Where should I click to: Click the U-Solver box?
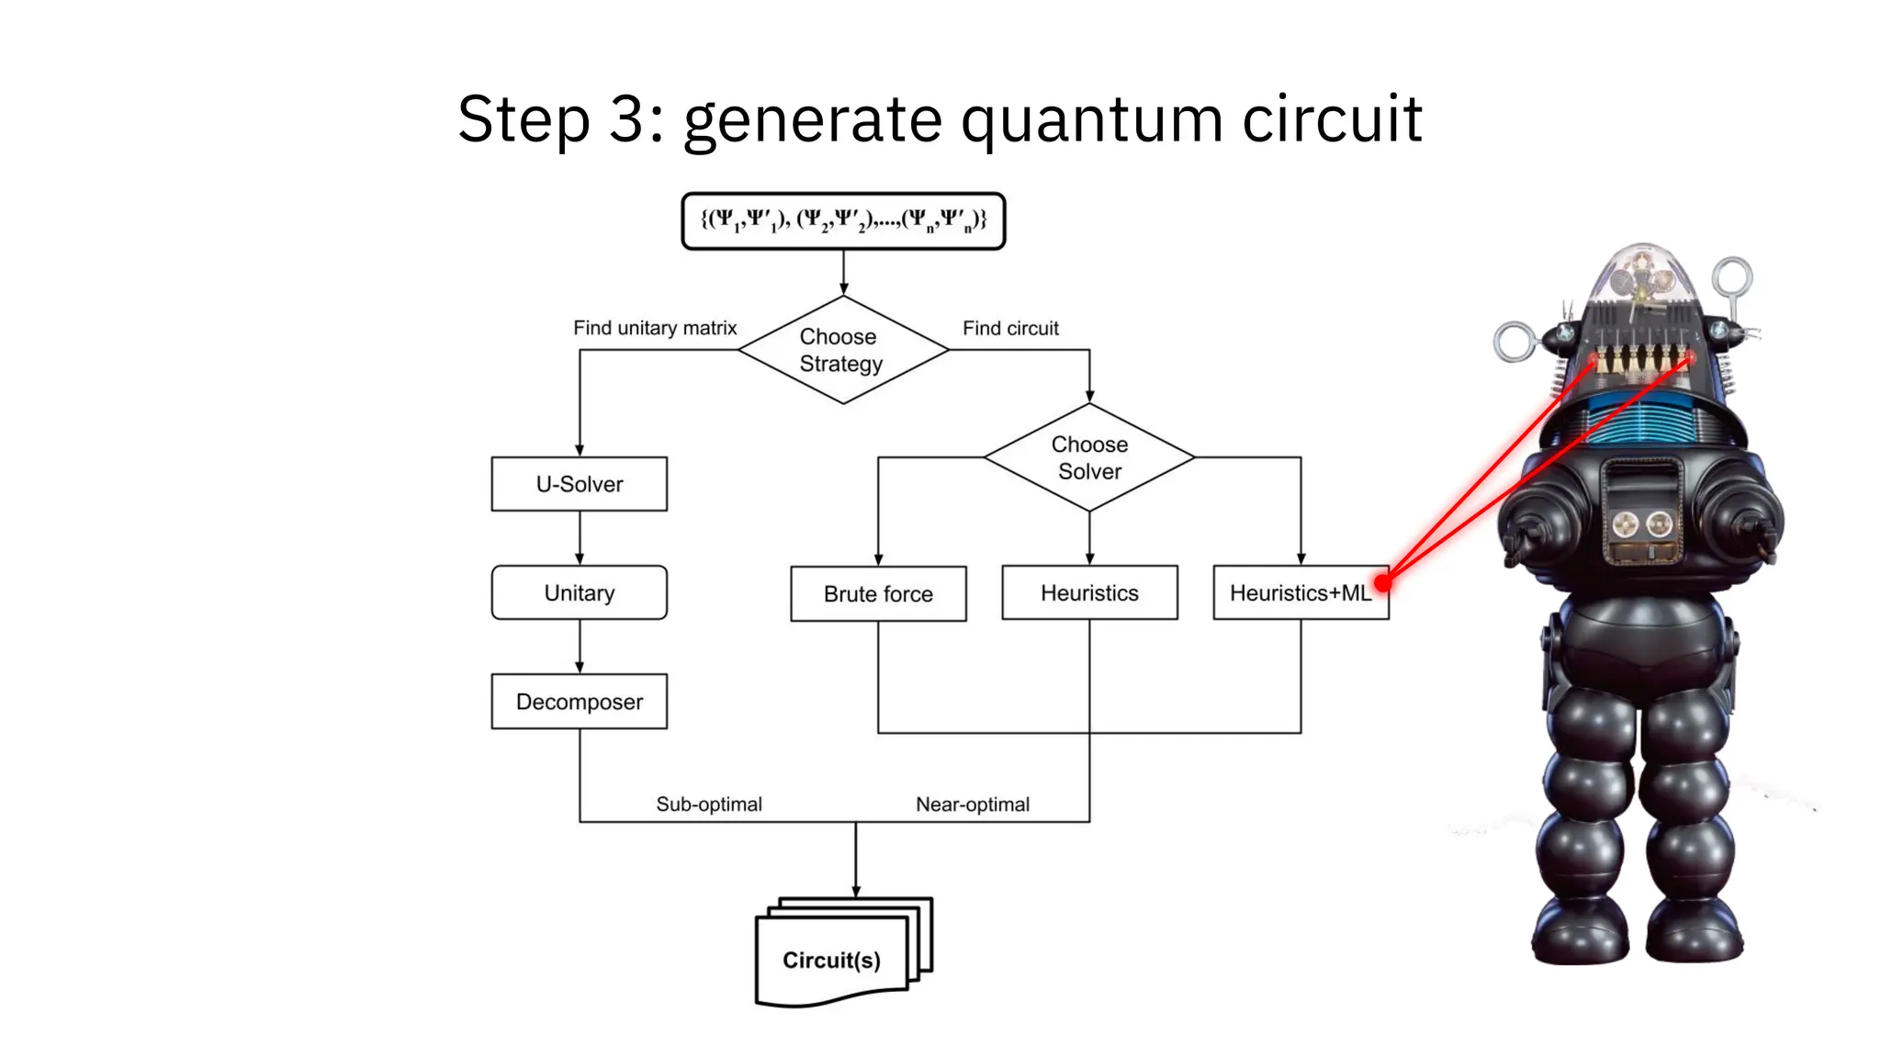coord(579,484)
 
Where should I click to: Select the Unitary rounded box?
coord(579,592)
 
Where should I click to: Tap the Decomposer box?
coord(579,702)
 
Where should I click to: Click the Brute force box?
coord(878,594)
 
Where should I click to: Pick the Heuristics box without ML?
coord(1089,593)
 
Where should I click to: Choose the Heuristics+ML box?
coord(1299,593)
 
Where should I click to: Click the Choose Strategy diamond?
coord(842,350)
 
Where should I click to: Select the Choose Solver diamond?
coord(1089,457)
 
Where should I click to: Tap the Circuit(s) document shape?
coord(831,959)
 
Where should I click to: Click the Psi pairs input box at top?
coord(843,220)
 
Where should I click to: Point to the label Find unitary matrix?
coord(655,328)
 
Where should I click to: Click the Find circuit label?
coord(1010,328)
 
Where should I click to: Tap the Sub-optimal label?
coord(709,805)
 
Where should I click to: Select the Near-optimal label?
coord(972,805)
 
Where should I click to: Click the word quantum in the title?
coord(1092,119)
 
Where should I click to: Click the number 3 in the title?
coord(625,119)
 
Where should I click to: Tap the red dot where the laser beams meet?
coord(1383,582)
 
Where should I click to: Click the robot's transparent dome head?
coord(1643,276)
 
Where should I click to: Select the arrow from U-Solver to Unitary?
coord(579,538)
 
